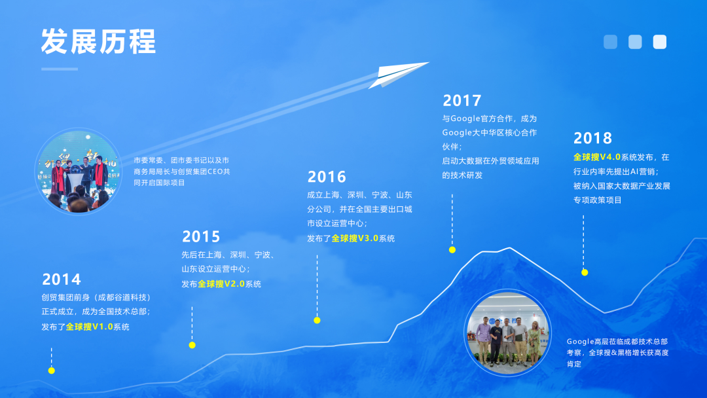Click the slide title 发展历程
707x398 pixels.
tap(98, 42)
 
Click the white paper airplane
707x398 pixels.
tap(395, 73)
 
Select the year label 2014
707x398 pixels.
tap(62, 280)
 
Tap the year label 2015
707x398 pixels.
tap(201, 236)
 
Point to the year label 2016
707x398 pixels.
tap(327, 177)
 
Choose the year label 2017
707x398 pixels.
tap(462, 101)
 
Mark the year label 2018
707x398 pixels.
tap(592, 138)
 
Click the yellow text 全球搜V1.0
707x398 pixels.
tap(88, 327)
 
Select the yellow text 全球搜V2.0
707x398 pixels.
tap(221, 284)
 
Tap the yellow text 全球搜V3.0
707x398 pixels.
tap(355, 238)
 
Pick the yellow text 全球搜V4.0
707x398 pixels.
tap(596, 157)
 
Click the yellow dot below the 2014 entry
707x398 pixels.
tap(52, 371)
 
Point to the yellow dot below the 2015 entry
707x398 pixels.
tap(192, 345)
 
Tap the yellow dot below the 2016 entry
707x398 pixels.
tap(317, 320)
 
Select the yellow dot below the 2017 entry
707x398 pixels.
tap(452, 249)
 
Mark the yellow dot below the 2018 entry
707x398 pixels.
tap(585, 272)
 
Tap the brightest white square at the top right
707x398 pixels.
tap(659, 42)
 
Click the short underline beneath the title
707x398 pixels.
tap(59, 69)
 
